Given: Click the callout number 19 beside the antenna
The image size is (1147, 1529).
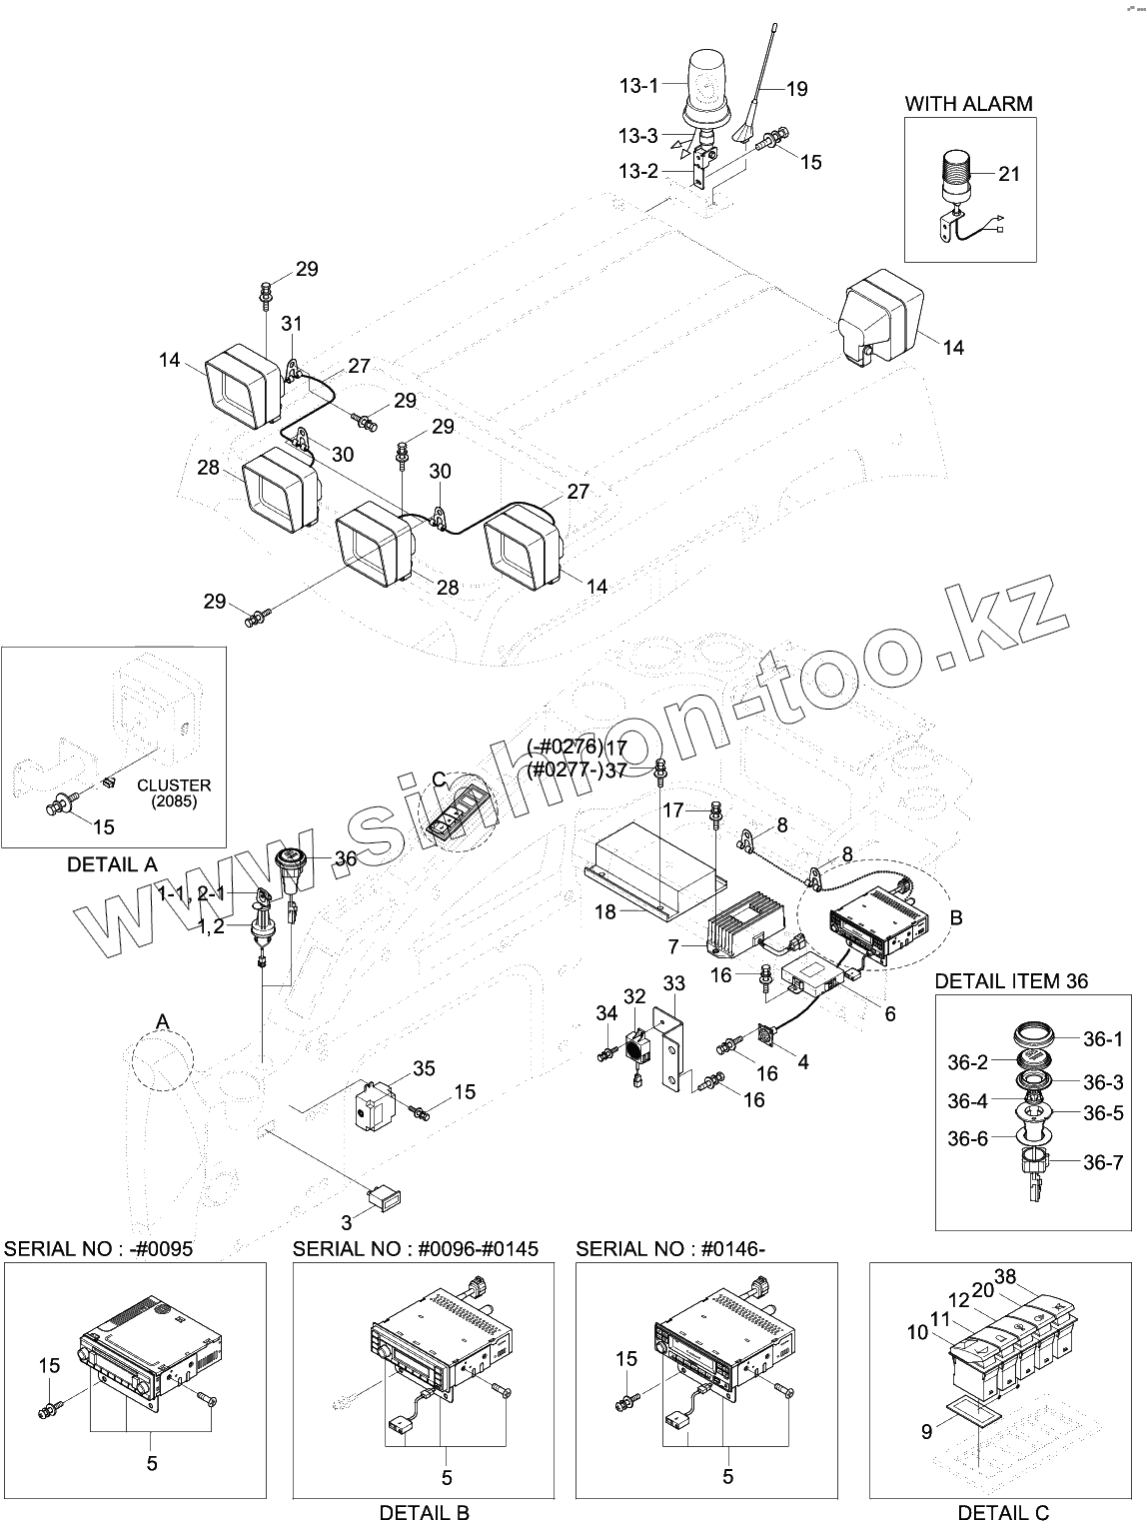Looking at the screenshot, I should tap(795, 89).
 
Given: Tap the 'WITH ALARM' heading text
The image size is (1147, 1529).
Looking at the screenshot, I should tap(968, 103).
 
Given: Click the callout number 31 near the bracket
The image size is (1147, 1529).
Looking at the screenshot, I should tap(292, 324).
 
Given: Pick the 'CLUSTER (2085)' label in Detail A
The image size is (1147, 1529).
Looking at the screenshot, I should tap(174, 793).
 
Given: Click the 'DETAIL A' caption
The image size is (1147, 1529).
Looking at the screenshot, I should tap(112, 864).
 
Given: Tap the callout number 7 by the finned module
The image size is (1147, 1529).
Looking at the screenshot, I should tap(673, 945).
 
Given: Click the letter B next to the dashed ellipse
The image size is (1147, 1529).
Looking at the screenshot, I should tap(955, 917).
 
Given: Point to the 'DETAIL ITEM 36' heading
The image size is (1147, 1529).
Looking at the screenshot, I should tap(1011, 981).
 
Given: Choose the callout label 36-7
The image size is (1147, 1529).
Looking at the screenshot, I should tap(1103, 1162).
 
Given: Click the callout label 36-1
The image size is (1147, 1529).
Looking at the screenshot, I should tap(1103, 1039).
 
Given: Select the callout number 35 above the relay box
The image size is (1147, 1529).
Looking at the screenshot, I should tap(424, 1069).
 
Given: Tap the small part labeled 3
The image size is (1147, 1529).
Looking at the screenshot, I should tap(385, 1194).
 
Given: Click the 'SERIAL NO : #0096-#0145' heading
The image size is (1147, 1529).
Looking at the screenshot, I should tap(416, 1248).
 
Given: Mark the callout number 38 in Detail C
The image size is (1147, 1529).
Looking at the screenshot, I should tap(1005, 1276).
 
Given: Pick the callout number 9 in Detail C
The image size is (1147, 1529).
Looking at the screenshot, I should tap(926, 1432).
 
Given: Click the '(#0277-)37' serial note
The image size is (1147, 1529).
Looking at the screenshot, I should tap(576, 769).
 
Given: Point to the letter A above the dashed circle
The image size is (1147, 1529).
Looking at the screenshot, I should tap(162, 1018).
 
